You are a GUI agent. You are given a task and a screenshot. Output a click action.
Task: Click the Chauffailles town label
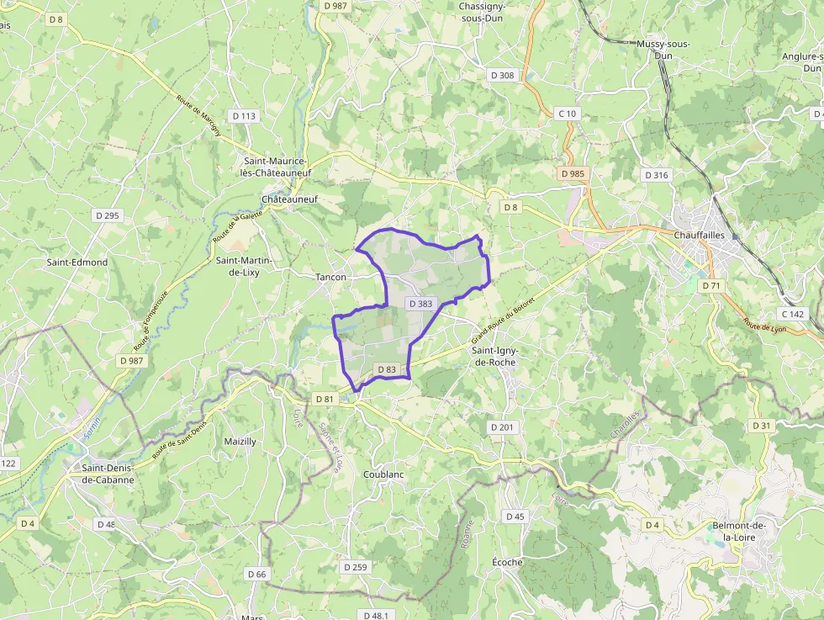point(699,236)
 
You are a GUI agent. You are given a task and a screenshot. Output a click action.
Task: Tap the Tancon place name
point(330,277)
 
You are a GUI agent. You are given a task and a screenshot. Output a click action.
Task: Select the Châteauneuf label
point(290,199)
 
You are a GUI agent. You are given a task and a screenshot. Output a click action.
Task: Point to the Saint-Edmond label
point(77,262)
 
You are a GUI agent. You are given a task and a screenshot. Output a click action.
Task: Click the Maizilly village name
point(240,442)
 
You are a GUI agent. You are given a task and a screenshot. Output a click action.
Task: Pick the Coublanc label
point(383,474)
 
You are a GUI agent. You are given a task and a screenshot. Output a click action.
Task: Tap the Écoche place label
point(507,562)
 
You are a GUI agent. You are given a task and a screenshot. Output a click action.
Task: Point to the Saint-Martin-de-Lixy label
point(244,266)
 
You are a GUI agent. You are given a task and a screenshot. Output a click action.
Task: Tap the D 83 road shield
point(387,369)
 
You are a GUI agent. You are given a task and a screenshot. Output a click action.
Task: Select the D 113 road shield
point(244,115)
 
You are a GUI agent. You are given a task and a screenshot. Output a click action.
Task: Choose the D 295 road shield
point(108,215)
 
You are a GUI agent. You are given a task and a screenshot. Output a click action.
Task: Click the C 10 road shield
point(568,114)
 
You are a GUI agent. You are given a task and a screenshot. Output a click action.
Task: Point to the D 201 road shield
point(501,427)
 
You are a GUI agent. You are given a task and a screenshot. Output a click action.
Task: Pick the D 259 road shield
point(356,567)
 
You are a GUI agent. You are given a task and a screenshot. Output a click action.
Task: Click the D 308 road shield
point(502,75)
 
